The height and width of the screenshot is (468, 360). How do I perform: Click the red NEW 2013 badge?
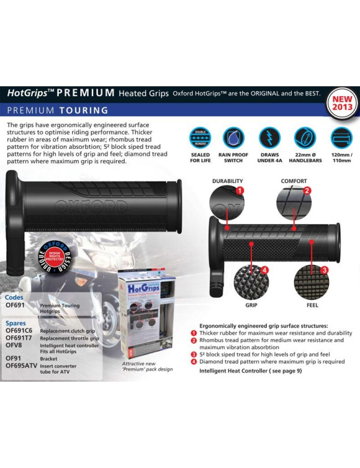[343, 102]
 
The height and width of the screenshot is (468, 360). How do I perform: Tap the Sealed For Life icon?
[200, 137]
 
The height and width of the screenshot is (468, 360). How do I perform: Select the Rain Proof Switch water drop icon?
[233, 137]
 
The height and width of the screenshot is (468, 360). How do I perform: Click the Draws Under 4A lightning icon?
[269, 137]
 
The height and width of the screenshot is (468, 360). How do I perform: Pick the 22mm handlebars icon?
[305, 137]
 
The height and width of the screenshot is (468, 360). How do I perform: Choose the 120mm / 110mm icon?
[340, 137]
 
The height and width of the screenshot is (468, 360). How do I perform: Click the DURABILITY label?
[227, 182]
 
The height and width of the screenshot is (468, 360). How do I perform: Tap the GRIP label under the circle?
[251, 305]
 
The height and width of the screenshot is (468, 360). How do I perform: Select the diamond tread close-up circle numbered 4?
[251, 282]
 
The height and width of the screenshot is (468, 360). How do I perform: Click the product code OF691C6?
[19, 331]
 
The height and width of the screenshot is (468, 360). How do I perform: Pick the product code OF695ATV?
[23, 366]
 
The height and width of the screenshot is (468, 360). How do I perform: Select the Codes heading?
[14, 297]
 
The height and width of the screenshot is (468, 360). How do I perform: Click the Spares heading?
[16, 323]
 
